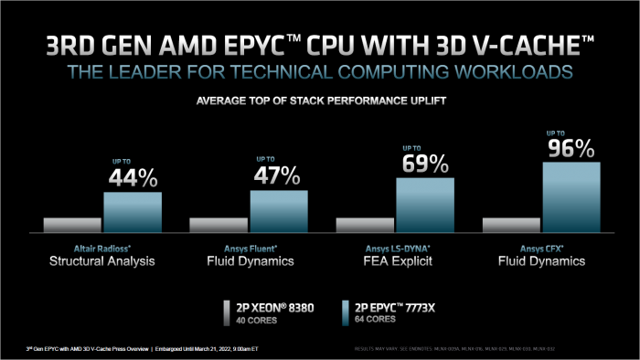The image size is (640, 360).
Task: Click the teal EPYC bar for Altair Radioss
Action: click(x=133, y=212)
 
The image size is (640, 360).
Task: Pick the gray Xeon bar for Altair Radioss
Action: click(x=72, y=225)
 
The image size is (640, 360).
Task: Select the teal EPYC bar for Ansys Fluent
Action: click(x=279, y=211)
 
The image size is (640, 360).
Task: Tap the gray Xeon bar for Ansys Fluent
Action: click(x=219, y=225)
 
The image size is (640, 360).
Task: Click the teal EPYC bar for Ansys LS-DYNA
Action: click(x=425, y=205)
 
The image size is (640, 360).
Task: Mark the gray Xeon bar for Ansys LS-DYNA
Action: click(x=365, y=225)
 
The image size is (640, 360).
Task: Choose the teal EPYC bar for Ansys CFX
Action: click(x=571, y=196)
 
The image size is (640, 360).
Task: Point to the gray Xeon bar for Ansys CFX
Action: click(x=511, y=225)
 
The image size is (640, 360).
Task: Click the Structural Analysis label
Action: click(x=102, y=261)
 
